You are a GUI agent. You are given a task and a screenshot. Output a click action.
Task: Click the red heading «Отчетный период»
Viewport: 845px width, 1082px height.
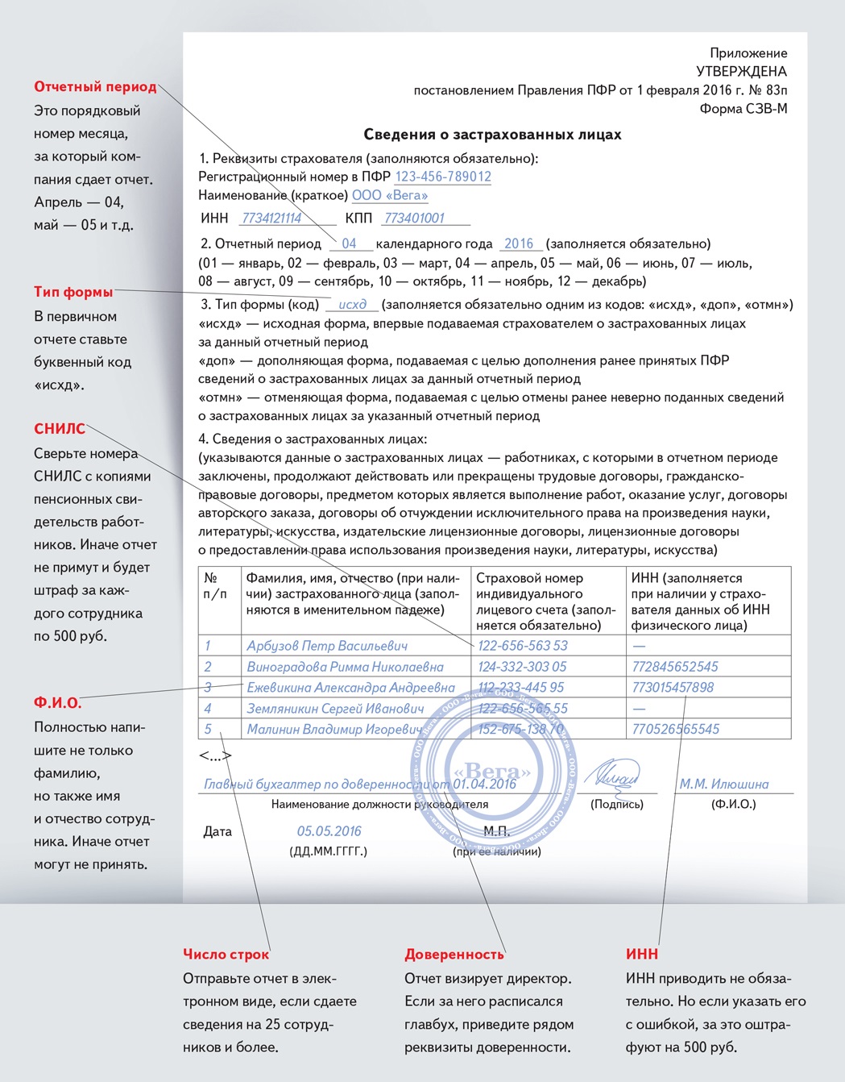click(95, 87)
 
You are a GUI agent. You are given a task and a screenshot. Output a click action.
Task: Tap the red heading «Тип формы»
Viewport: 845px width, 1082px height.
click(73, 292)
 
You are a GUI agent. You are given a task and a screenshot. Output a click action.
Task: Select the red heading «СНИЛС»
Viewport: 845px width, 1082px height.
click(60, 429)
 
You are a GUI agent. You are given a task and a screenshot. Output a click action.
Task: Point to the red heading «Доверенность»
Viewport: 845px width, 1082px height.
click(454, 955)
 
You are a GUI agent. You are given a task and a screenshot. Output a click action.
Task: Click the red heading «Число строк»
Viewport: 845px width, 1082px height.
click(226, 955)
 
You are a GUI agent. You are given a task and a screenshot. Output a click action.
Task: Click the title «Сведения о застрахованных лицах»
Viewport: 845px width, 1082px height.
click(492, 135)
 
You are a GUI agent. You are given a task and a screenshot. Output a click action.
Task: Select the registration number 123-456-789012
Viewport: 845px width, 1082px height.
click(442, 177)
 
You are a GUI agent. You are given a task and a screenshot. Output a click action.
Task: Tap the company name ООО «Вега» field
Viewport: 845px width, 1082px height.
click(390, 195)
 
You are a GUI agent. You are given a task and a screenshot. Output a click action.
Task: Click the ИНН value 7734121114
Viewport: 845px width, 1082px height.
click(271, 218)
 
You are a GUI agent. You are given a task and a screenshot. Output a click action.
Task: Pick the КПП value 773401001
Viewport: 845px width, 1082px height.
click(414, 218)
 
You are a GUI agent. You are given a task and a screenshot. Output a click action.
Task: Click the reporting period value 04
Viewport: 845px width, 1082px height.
click(349, 243)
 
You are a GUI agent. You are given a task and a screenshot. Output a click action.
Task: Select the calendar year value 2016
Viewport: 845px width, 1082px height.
click(519, 243)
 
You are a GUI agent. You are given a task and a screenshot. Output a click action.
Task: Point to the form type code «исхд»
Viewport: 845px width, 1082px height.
click(352, 305)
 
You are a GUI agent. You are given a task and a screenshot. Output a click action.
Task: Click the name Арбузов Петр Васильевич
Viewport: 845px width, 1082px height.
click(327, 646)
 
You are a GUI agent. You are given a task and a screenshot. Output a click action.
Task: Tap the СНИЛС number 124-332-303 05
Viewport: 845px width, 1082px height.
click(522, 667)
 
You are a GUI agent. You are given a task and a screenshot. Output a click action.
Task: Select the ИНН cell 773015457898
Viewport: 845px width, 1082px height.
click(673, 688)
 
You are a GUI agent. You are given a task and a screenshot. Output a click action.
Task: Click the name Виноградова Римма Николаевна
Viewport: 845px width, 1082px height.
click(345, 667)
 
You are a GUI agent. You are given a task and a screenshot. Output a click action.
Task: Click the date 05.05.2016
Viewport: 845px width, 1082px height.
click(329, 831)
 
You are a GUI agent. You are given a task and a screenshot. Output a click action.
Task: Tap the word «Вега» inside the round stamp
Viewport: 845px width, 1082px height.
click(491, 772)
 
